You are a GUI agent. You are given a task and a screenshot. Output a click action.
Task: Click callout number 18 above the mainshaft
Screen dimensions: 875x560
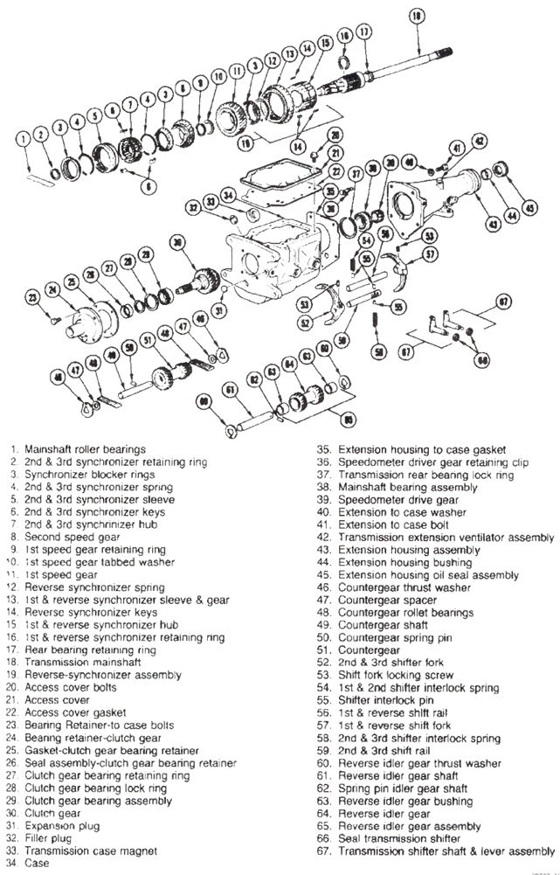(x=415, y=15)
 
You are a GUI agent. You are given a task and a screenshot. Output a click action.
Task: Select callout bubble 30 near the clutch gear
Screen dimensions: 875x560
(x=178, y=242)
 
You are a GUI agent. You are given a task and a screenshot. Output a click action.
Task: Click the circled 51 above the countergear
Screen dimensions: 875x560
(x=147, y=337)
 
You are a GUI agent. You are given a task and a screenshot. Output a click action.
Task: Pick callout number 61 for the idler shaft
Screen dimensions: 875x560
(x=230, y=390)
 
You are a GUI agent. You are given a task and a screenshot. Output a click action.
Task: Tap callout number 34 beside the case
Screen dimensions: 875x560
(x=229, y=194)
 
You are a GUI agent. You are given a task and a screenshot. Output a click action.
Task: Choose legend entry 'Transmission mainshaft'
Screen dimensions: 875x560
(x=84, y=663)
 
